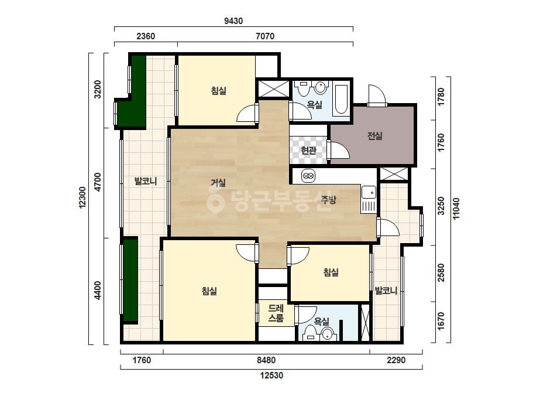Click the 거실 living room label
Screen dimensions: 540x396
click(218, 183)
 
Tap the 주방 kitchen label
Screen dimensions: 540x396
click(328, 199)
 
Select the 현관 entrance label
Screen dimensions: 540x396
click(308, 151)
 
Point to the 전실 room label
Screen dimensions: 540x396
click(374, 136)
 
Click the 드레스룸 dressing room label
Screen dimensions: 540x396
click(276, 313)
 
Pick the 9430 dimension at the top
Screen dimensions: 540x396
click(233, 21)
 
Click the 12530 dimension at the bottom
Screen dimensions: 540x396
click(271, 375)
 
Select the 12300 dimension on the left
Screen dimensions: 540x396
click(82, 197)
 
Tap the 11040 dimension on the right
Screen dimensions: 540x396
click(456, 209)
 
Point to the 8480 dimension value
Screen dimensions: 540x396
click(266, 360)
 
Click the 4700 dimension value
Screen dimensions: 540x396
click(98, 182)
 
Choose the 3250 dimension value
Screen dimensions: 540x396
click(441, 206)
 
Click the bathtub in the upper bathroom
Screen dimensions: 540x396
click(341, 99)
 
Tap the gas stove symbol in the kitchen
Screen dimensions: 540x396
click(308, 176)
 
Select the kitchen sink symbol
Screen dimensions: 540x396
click(369, 199)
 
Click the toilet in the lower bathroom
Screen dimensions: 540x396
click(310, 333)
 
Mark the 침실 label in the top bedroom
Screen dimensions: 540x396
click(218, 91)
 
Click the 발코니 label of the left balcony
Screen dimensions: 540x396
click(145, 181)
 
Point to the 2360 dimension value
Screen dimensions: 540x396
click(146, 36)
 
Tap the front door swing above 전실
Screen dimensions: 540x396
click(377, 95)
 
